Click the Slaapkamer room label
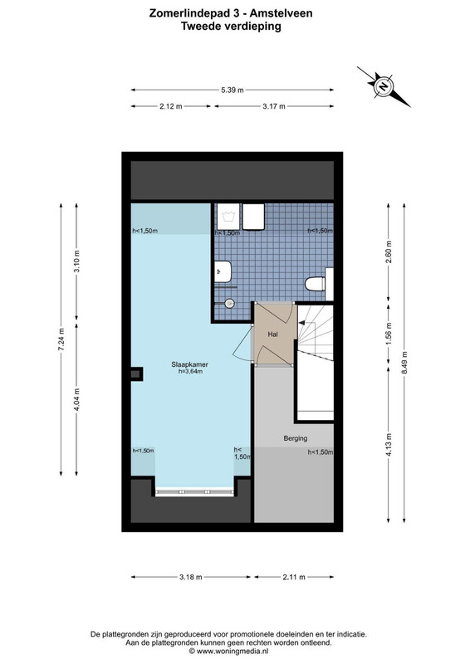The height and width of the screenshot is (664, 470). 189,364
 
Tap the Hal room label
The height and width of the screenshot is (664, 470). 273,334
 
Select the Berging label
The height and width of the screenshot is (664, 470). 296,438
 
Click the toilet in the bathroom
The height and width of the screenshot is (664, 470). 316,283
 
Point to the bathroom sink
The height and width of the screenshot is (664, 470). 223,271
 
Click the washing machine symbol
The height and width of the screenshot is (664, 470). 229,217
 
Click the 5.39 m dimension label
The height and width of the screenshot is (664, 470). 233,90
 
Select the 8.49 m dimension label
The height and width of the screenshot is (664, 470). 404,363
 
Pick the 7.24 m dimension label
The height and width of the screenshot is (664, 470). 61,339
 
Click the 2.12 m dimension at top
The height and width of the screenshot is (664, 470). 171,106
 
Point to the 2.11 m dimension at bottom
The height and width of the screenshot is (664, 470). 294,577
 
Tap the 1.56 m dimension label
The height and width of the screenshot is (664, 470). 389,334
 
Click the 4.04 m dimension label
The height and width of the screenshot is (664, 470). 76,399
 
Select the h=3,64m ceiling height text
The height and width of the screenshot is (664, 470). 190,371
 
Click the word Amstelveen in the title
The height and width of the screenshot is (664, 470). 281,13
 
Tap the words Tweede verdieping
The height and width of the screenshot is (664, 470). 231,27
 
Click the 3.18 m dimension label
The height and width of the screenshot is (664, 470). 191,577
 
